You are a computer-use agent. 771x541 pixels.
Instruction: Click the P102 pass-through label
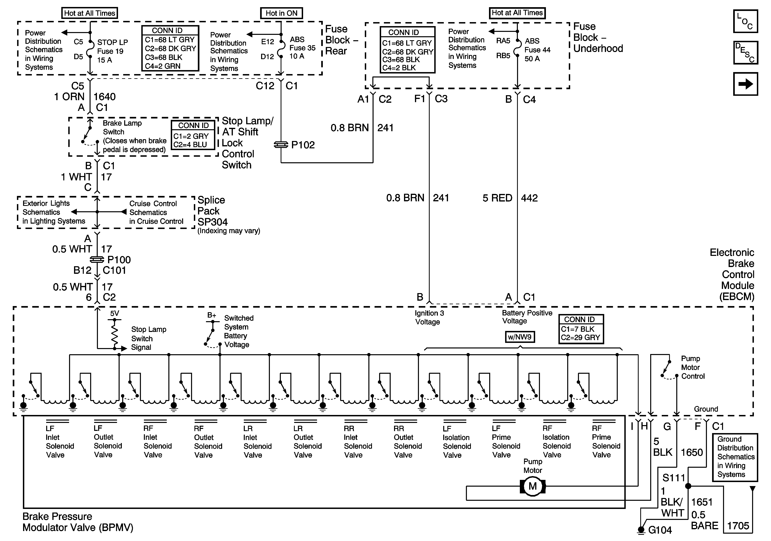(x=303, y=145)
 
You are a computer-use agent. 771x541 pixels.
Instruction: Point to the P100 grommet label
(x=119, y=260)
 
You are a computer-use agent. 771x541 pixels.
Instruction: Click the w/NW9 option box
(x=520, y=337)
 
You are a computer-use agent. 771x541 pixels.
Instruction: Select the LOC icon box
(x=746, y=21)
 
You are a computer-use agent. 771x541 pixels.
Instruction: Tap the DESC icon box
(x=746, y=52)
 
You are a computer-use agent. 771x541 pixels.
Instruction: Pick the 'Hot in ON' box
(x=281, y=13)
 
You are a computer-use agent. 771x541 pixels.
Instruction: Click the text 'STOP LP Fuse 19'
(x=112, y=47)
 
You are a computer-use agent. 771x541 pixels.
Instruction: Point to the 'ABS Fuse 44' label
(x=538, y=45)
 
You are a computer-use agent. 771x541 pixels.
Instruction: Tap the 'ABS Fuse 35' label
(x=303, y=44)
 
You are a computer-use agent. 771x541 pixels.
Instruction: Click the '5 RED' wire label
(x=497, y=198)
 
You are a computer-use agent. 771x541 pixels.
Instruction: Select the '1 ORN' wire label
(x=69, y=97)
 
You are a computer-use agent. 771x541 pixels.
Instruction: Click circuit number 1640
(x=104, y=97)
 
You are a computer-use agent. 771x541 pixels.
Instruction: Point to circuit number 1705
(x=738, y=526)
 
